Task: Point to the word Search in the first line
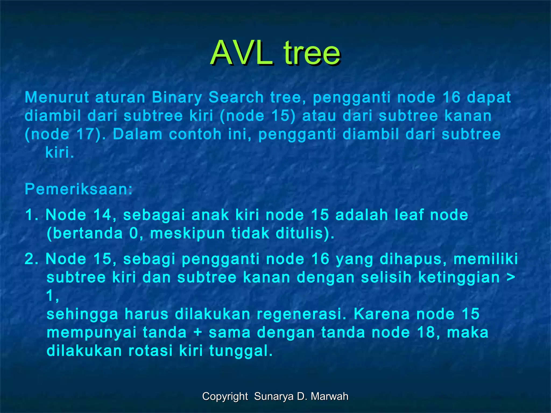[236, 97]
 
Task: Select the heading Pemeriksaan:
[79, 189]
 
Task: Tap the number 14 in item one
[102, 215]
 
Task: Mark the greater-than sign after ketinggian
[511, 277]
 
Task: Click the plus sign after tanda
[197, 333]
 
